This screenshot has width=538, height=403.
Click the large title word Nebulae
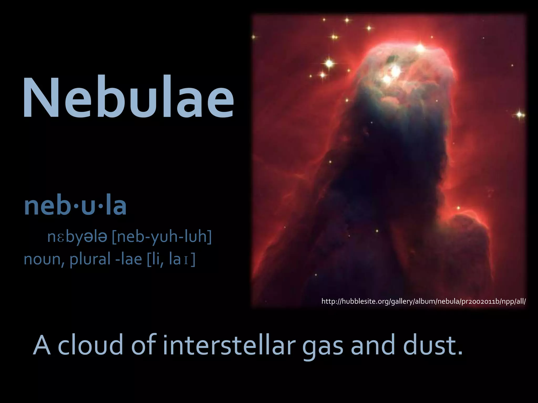pyautogui.click(x=128, y=98)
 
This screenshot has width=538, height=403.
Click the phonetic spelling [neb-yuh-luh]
pyautogui.click(x=162, y=237)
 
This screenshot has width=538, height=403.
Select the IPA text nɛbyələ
pyautogui.click(x=77, y=237)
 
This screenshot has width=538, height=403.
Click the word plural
pyautogui.click(x=90, y=259)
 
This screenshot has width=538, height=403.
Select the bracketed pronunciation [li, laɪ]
pyautogui.click(x=171, y=259)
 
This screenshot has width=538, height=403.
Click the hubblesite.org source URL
pyautogui.click(x=423, y=301)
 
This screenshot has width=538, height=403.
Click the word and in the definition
pyautogui.click(x=373, y=345)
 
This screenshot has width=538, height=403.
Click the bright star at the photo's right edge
pyautogui.click(x=519, y=115)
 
